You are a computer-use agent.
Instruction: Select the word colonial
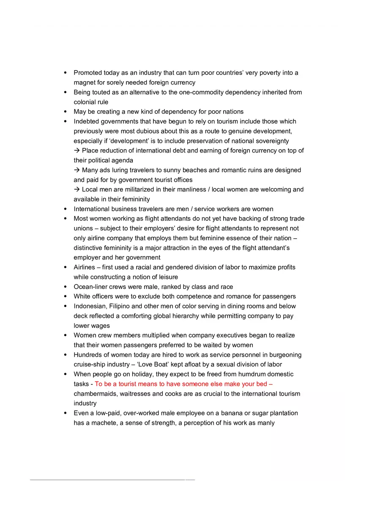(85, 102)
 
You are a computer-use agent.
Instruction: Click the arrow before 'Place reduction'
(77, 150)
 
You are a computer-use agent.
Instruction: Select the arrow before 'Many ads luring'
(77, 170)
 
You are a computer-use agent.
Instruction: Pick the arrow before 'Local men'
(77, 189)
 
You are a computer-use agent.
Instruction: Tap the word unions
(84, 228)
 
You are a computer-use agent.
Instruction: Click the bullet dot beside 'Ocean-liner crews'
(65, 287)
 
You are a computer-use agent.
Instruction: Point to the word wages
(101, 325)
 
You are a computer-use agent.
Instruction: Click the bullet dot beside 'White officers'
(65, 297)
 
